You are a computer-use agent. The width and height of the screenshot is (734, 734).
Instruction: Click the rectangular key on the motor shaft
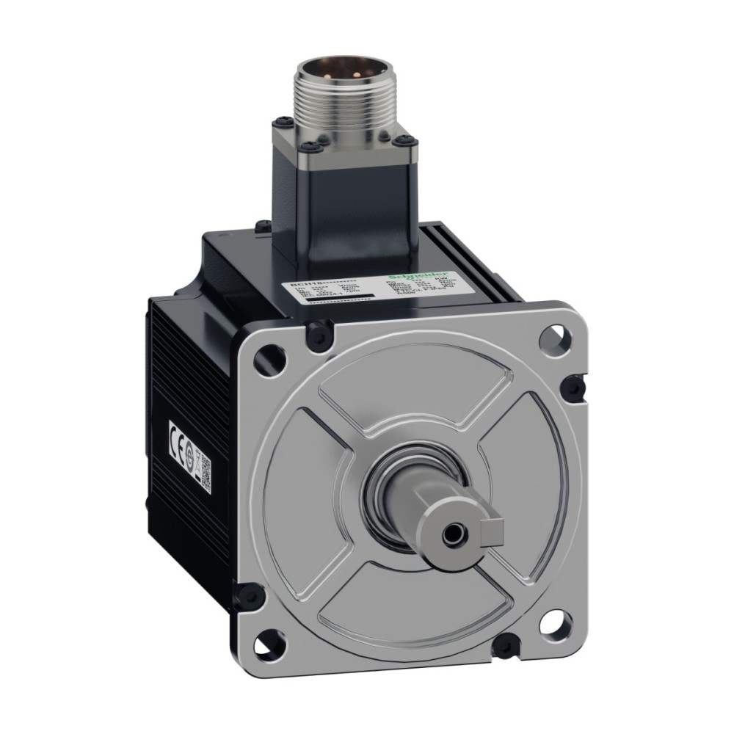[493, 528]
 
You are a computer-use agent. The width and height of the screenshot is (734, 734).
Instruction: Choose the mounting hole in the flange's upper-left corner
[262, 357]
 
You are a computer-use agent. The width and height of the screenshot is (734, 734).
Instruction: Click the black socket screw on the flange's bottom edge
[504, 645]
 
